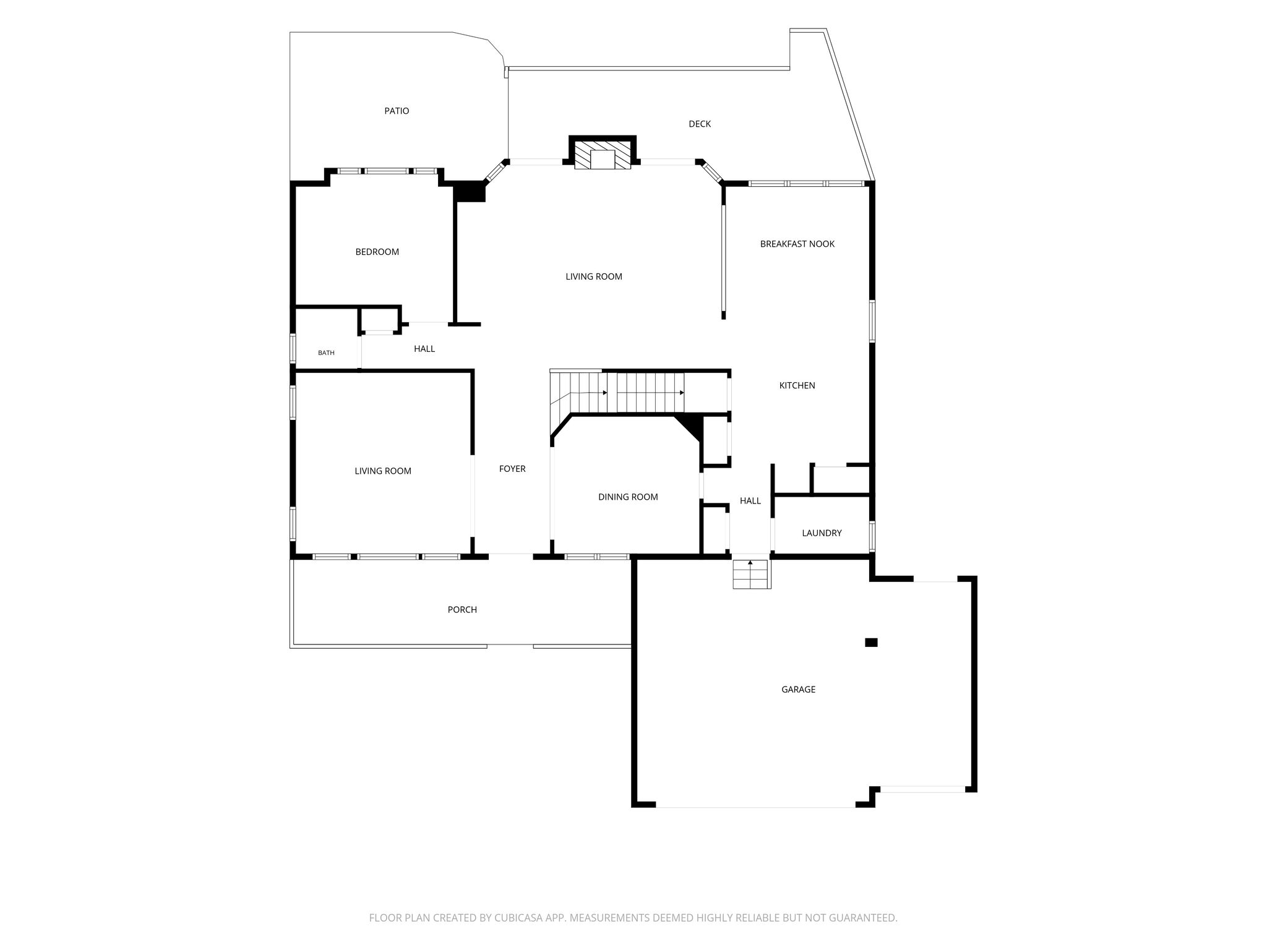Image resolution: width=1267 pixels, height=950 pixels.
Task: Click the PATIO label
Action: pyautogui.click(x=397, y=111)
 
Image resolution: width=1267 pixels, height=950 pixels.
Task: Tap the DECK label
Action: pyautogui.click(x=700, y=124)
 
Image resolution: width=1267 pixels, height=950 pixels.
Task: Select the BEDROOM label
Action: pyautogui.click(x=377, y=252)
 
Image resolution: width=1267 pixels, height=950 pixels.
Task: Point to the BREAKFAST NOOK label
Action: pyautogui.click(x=797, y=244)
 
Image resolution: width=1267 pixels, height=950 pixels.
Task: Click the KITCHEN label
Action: pyautogui.click(x=797, y=385)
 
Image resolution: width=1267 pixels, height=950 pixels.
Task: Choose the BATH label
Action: pyautogui.click(x=326, y=353)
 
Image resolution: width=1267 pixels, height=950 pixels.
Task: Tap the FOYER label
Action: pyautogui.click(x=512, y=469)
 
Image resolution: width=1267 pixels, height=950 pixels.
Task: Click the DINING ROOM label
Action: pyautogui.click(x=628, y=497)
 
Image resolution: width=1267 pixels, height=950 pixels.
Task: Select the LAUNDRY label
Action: pyautogui.click(x=822, y=533)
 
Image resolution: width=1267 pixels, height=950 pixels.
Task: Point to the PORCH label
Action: pyautogui.click(x=462, y=609)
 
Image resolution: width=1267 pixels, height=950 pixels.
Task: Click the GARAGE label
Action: pyautogui.click(x=798, y=689)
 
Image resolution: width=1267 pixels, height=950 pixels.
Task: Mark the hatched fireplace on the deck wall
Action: pyautogui.click(x=603, y=155)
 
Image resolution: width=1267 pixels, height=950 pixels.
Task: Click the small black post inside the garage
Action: pyautogui.click(x=871, y=642)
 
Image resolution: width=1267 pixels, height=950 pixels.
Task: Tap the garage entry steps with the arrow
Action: pyautogui.click(x=752, y=574)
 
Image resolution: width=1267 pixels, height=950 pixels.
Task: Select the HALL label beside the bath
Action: pyautogui.click(x=424, y=349)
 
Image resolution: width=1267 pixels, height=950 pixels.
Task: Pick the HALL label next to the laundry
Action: pyautogui.click(x=750, y=500)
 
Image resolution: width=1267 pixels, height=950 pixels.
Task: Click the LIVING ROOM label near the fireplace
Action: pyautogui.click(x=594, y=276)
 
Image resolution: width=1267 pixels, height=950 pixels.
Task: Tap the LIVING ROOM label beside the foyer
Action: pyautogui.click(x=383, y=471)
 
